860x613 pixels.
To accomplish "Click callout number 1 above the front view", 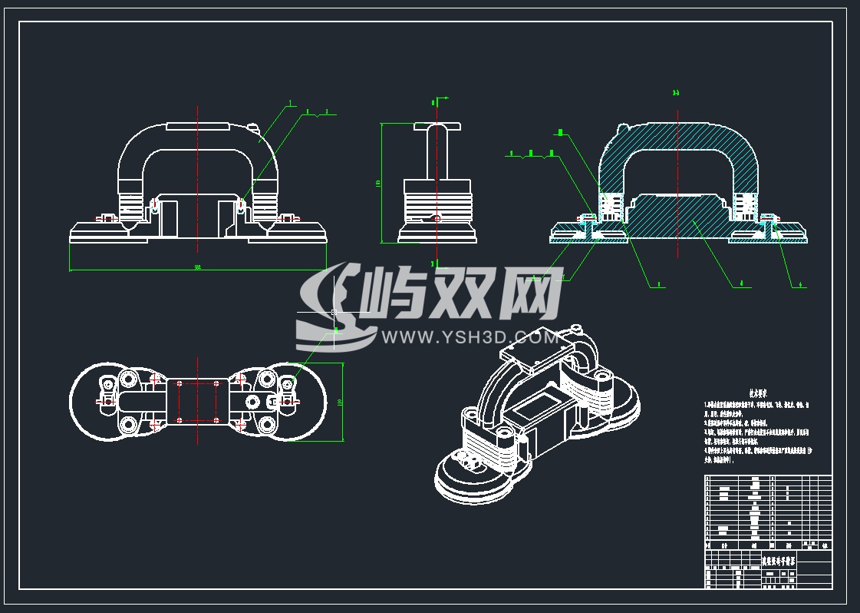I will [291, 103].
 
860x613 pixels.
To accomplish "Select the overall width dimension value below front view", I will [197, 267].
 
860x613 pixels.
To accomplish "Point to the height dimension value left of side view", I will [378, 184].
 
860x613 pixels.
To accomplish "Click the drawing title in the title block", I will [778, 562].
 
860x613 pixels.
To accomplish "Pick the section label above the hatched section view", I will [676, 94].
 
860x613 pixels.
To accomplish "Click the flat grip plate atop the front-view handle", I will [198, 124].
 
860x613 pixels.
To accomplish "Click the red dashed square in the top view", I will [198, 400].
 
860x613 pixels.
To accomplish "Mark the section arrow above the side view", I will [439, 100].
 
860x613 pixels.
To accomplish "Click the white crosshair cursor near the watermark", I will [333, 312].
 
